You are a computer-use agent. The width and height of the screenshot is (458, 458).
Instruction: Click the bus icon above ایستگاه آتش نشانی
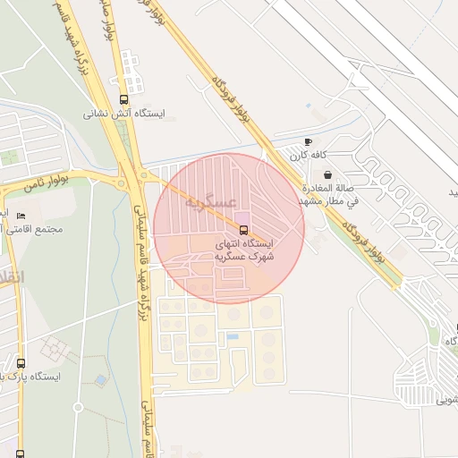point(123,100)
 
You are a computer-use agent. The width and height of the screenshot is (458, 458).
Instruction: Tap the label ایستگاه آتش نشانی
point(124,114)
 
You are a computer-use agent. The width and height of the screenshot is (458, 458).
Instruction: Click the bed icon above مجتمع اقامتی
point(20,216)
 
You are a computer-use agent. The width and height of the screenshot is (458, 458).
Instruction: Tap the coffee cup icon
point(309,142)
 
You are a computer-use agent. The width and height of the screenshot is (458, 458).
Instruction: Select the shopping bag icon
point(328,175)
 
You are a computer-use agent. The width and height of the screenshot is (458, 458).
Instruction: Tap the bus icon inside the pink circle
point(244,230)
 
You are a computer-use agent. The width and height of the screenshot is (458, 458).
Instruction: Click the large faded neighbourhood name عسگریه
point(211,202)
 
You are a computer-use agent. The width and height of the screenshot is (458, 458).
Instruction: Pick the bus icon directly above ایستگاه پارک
point(21,363)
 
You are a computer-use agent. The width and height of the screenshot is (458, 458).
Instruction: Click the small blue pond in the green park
point(100,380)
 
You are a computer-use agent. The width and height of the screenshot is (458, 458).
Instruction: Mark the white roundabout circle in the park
point(78,407)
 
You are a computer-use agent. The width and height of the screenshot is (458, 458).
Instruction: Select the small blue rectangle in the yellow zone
point(233,336)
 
